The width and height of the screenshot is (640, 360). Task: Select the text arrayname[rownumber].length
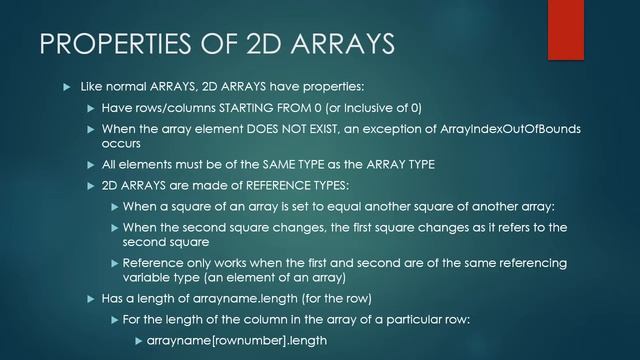point(236,340)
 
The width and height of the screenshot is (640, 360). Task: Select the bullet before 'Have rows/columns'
point(90,107)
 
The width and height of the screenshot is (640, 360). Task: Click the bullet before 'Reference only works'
point(114,263)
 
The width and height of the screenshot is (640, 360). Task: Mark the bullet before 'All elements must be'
point(90,164)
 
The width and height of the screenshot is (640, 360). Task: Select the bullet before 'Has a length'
point(90,298)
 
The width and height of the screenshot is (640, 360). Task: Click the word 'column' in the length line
point(259,319)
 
